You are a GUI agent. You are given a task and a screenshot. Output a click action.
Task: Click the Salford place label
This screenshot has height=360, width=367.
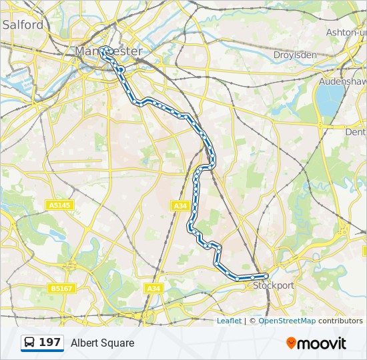(x=23, y=25)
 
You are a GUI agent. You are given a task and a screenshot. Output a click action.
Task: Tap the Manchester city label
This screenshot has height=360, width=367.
(x=109, y=51)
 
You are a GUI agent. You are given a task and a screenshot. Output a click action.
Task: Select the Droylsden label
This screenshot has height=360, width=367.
(x=295, y=55)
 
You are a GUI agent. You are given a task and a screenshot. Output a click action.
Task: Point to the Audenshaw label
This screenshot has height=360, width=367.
(x=342, y=81)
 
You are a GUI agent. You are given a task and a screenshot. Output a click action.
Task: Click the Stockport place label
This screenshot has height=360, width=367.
(x=274, y=285)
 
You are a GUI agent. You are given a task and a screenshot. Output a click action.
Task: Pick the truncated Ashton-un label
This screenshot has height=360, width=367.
(x=346, y=32)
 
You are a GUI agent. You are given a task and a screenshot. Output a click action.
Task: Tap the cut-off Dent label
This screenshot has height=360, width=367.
(x=356, y=132)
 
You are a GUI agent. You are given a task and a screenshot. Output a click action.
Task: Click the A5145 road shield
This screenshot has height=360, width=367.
(x=60, y=205)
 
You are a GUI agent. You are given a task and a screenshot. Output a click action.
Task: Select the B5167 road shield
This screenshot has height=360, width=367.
(x=61, y=289)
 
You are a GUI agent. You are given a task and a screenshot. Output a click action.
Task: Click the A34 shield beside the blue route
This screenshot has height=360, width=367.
(x=180, y=206)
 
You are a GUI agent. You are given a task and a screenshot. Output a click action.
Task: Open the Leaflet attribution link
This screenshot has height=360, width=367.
(x=229, y=321)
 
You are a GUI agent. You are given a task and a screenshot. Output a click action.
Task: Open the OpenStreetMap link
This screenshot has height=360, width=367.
(x=287, y=321)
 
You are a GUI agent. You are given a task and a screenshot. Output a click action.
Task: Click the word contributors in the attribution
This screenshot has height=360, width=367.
(x=340, y=321)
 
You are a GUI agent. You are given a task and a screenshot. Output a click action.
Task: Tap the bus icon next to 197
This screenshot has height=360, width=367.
(x=30, y=343)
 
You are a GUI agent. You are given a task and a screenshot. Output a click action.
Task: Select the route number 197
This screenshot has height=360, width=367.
(x=50, y=343)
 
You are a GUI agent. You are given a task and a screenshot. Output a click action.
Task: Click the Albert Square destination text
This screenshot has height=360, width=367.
(x=103, y=343)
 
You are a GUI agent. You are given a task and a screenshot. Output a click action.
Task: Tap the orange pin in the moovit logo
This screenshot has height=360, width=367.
(x=291, y=343)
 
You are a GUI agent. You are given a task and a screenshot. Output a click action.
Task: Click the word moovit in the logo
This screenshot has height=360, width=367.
(x=322, y=343)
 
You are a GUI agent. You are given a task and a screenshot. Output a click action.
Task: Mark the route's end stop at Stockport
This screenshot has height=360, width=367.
(x=266, y=276)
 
